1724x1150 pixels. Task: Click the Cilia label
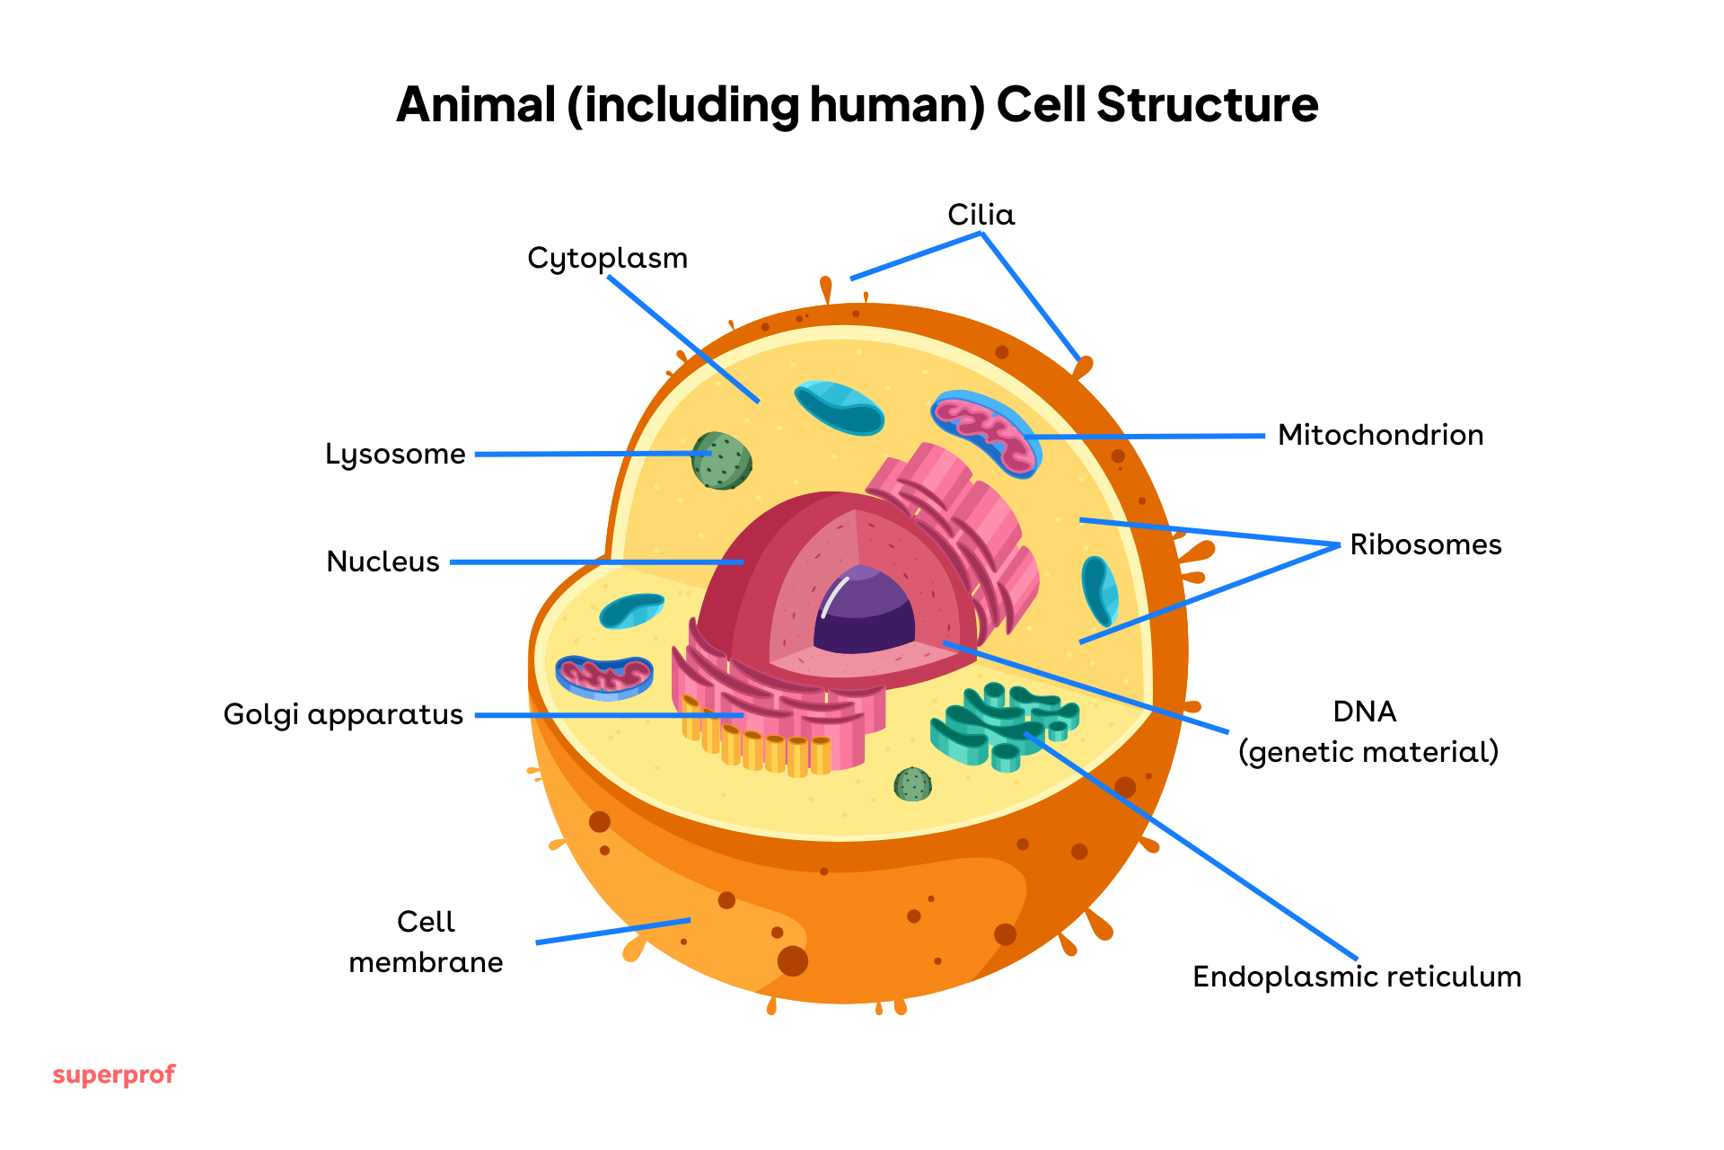pos(981,215)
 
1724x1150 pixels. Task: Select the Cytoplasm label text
pos(607,259)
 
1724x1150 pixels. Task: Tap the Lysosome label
pos(395,455)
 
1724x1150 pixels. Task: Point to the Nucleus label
pos(383,562)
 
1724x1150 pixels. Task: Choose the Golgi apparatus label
pos(343,714)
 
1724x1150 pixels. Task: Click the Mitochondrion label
pos(1380,435)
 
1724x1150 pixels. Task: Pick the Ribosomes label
pos(1425,544)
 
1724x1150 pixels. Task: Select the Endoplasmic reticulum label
pos(1356,977)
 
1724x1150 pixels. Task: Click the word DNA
pos(1364,712)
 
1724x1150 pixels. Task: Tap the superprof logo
pos(114,1075)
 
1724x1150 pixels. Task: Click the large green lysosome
pos(721,461)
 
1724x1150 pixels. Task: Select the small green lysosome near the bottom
pos(912,784)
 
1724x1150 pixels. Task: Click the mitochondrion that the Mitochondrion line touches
pos(985,432)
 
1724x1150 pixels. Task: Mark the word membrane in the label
pos(426,962)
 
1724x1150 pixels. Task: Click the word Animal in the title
pos(476,104)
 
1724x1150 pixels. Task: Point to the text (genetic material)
pos(1368,752)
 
